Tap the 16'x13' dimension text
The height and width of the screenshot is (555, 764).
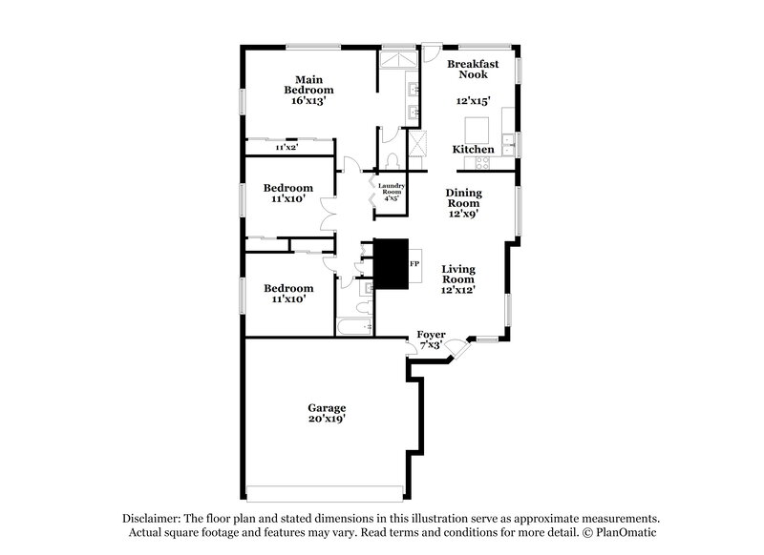[307, 99]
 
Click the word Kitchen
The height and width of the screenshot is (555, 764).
[473, 150]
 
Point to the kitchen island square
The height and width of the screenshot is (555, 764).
[477, 129]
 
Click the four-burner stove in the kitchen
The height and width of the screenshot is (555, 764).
[477, 163]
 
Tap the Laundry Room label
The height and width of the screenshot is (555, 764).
[392, 189]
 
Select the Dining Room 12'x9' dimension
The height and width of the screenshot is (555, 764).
[463, 214]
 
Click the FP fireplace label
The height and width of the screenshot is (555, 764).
[414, 262]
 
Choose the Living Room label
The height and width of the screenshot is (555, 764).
[458, 274]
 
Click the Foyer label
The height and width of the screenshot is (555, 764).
[431, 334]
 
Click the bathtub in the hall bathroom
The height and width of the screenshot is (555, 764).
[355, 327]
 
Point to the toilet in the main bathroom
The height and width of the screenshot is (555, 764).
[393, 160]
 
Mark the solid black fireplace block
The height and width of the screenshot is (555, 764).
[390, 262]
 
